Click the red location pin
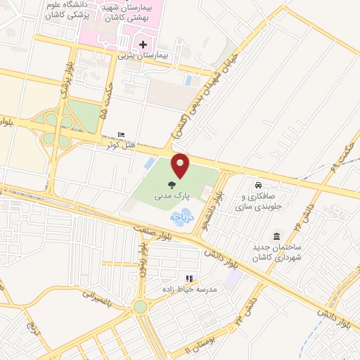click(181, 165)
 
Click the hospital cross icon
click(143, 44)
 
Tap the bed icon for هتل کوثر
click(123, 135)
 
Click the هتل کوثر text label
click(119, 146)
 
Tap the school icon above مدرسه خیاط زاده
click(188, 278)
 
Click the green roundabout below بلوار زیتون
click(141, 306)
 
